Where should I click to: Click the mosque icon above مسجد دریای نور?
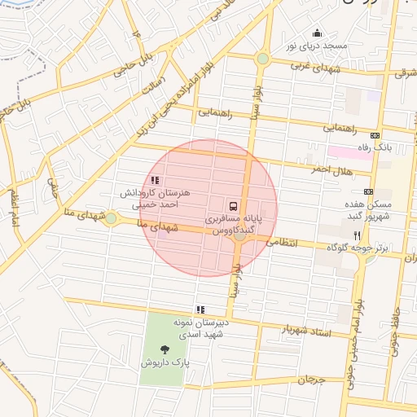pos(317,33)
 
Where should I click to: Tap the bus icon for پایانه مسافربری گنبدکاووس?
pos(234,205)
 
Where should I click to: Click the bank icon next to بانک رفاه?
pos(375,136)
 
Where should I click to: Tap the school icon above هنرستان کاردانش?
pos(155,180)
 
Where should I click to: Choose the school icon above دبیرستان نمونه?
pos(200,309)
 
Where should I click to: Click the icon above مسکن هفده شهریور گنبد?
pos(369,191)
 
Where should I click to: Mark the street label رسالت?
pos(152,87)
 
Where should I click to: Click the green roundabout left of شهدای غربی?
pos(262,59)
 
